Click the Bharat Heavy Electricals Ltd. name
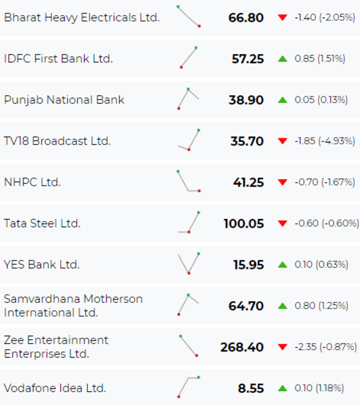(82, 17)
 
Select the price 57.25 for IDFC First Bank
(248, 59)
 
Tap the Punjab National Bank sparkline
(188, 98)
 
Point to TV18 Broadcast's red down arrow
(283, 141)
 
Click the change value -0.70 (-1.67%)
(325, 182)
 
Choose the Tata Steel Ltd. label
(42, 223)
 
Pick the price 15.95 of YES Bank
(249, 265)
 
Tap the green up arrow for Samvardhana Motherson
(283, 306)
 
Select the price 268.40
(242, 347)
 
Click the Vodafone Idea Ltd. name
(55, 388)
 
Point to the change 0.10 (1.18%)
(319, 388)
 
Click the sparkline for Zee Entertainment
(188, 346)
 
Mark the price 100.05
(244, 224)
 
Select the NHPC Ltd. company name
(32, 182)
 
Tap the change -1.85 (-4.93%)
(325, 141)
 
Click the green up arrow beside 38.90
(283, 100)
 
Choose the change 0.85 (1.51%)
(320, 59)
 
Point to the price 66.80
(246, 18)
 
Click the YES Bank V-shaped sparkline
(188, 264)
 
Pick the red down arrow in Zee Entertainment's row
(283, 347)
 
